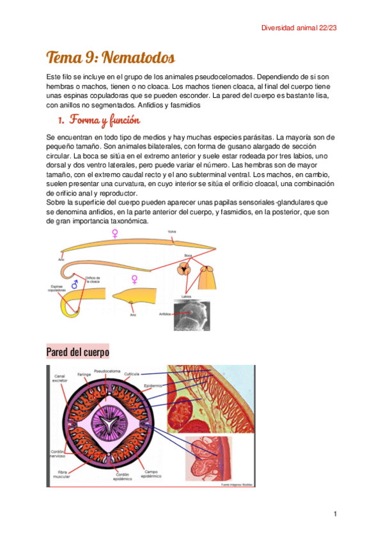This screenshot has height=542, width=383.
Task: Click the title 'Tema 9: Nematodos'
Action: (x=110, y=58)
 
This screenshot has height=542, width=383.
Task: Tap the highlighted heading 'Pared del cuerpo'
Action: (x=77, y=352)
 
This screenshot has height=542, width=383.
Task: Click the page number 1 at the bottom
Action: (x=334, y=514)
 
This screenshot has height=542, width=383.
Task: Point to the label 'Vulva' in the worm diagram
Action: (x=172, y=231)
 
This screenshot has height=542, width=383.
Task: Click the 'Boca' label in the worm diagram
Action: (x=187, y=255)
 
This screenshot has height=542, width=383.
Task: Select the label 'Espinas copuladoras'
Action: (x=56, y=288)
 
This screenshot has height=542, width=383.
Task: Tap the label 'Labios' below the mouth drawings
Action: (x=186, y=296)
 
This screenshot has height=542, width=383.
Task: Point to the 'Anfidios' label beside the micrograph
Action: (x=165, y=314)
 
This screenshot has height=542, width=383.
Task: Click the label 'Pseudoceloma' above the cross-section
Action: (x=106, y=371)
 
